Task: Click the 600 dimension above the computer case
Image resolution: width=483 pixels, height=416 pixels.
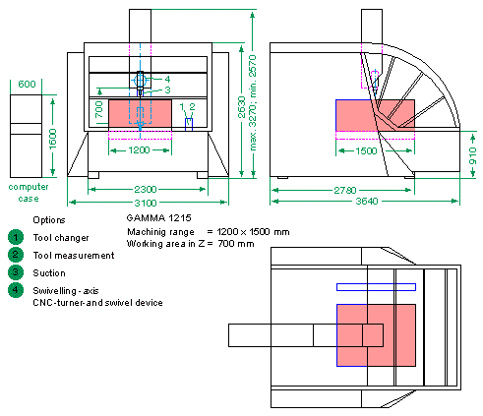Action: coord(27,85)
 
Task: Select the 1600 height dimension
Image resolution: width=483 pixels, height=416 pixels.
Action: coord(53,139)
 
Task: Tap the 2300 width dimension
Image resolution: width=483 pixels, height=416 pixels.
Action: coord(146,190)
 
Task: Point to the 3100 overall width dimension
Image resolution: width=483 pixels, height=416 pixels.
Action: coord(146,203)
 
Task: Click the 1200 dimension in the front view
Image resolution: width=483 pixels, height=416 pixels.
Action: coord(139,150)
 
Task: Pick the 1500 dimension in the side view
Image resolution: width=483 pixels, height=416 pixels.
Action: coord(366,150)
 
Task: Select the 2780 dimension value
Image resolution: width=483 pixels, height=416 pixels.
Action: coord(345,190)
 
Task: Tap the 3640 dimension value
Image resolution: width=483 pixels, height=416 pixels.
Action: coord(367,201)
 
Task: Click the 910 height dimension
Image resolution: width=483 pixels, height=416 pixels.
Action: coord(472,155)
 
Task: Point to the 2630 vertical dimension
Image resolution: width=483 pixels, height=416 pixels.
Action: coord(242,107)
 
